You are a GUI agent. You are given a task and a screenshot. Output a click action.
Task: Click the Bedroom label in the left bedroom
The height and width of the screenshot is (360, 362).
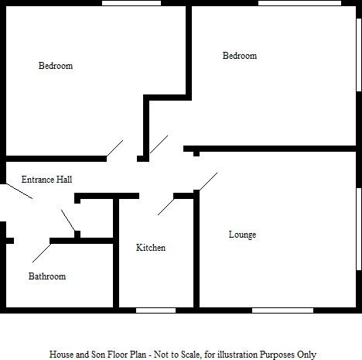pos(56,66)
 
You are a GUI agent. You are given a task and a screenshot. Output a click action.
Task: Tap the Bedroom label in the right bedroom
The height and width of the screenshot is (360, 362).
pos(240,56)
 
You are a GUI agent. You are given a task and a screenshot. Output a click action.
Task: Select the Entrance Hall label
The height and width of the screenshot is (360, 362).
pos(46,180)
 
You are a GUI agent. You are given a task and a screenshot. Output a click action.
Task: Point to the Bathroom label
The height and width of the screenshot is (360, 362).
pos(47,276)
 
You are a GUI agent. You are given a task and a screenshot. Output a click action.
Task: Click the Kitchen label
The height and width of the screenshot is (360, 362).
pos(151,248)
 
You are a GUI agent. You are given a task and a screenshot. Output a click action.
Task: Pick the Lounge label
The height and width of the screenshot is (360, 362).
pos(242,235)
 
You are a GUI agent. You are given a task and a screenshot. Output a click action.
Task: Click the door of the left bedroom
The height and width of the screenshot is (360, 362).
pos(114,149)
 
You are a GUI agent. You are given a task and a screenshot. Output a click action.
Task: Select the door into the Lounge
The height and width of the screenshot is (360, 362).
pos(207,181)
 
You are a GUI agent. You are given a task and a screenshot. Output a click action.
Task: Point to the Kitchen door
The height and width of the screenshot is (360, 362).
pos(166,204)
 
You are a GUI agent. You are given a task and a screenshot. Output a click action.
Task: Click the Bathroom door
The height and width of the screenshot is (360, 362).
pos(41,250)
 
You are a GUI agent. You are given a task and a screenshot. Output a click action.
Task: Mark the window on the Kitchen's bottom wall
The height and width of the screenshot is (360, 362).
pos(155,310)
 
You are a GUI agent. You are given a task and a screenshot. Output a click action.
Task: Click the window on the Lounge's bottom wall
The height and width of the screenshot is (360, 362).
pos(282,310)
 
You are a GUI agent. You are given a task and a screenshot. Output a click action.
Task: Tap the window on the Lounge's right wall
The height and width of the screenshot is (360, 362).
pos(359,229)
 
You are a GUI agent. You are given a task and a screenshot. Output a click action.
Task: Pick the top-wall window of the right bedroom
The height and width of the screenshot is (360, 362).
pos(299,3)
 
